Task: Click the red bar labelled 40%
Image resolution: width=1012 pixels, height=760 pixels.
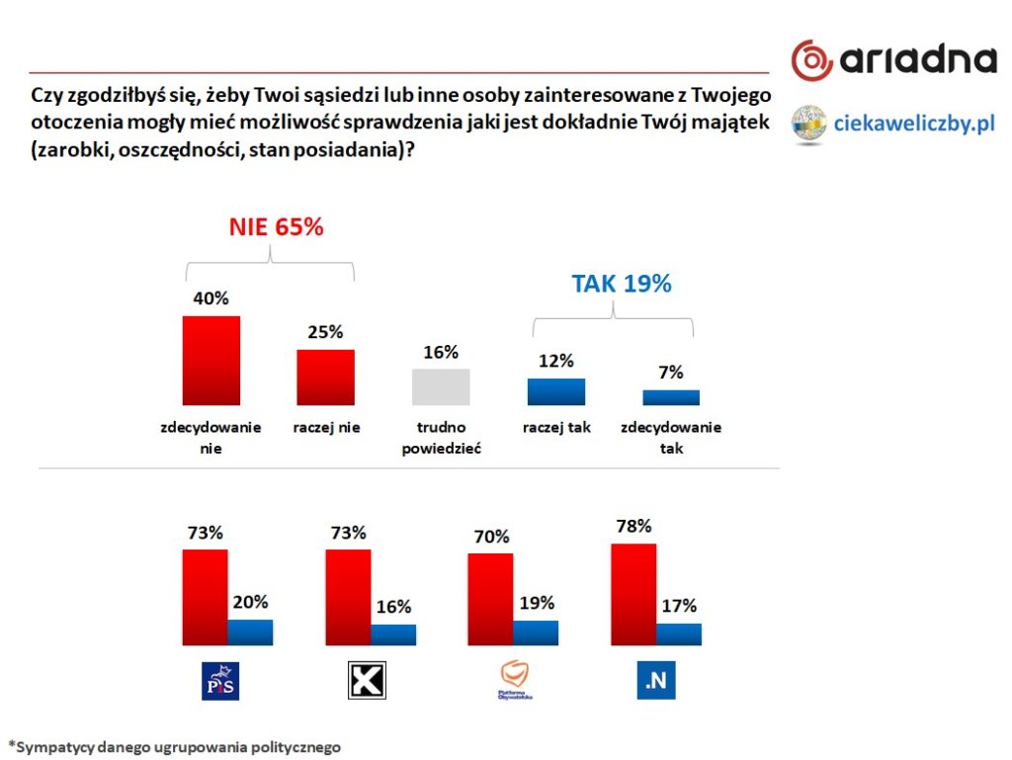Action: (x=211, y=361)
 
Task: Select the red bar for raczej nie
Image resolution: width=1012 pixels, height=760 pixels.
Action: (x=325, y=377)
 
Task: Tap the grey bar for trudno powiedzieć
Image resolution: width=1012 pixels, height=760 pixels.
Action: (x=440, y=386)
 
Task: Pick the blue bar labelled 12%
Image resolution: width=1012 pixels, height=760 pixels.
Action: (x=555, y=391)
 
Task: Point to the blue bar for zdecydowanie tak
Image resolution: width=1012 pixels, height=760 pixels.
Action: (x=671, y=397)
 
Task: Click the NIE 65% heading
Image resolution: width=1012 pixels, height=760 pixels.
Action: (x=277, y=226)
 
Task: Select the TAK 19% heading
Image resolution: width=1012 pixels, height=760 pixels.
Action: (x=621, y=284)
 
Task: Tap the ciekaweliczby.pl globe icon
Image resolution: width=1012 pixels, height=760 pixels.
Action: (x=809, y=124)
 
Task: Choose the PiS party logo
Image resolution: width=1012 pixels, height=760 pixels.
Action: (x=219, y=681)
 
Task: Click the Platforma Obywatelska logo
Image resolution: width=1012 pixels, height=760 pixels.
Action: (x=515, y=681)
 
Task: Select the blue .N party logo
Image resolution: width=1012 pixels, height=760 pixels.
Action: (x=656, y=681)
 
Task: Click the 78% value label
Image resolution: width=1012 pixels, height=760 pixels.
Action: (x=633, y=525)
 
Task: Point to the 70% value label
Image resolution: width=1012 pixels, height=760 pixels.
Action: (x=491, y=537)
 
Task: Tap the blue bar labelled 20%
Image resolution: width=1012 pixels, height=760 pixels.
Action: (x=250, y=632)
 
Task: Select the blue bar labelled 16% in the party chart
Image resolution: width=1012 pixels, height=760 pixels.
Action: (x=393, y=634)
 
